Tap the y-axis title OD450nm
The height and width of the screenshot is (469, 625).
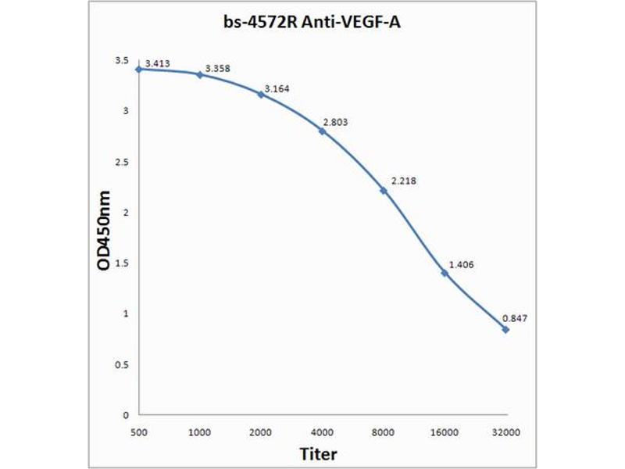coord(104,232)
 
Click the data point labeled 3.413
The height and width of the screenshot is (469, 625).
coord(138,69)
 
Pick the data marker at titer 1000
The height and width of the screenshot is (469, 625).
coord(199,74)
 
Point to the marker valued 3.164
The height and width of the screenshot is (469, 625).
coord(260,94)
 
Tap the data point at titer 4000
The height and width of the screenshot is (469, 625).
coord(322,131)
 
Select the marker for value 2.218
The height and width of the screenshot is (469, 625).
coord(384,190)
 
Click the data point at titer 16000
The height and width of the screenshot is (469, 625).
coord(445,273)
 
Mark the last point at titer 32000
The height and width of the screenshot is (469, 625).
coord(505,329)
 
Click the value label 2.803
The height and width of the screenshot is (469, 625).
coord(337,122)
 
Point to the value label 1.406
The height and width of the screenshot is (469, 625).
coord(460,264)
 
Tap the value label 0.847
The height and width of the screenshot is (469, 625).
coord(515,319)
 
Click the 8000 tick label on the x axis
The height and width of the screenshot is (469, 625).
coord(383,431)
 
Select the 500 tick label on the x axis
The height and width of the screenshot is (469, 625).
coord(138,431)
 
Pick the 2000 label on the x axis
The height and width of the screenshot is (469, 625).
coord(260,431)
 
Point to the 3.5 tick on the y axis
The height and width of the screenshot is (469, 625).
coord(122,60)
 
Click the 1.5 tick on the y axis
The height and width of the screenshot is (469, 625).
coord(122,263)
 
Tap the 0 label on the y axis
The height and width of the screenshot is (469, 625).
coord(126,415)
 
